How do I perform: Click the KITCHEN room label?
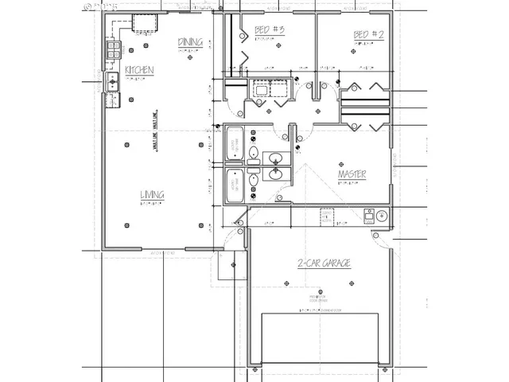click(x=138, y=71)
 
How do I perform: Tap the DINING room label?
click(x=190, y=42)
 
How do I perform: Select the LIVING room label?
click(x=153, y=194)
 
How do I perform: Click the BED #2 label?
click(x=369, y=34)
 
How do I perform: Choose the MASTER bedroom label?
click(x=352, y=173)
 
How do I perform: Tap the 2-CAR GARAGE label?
click(x=324, y=263)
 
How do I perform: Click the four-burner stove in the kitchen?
click(x=113, y=51)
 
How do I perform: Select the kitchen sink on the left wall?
click(x=113, y=80)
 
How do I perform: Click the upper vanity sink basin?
click(x=275, y=158)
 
